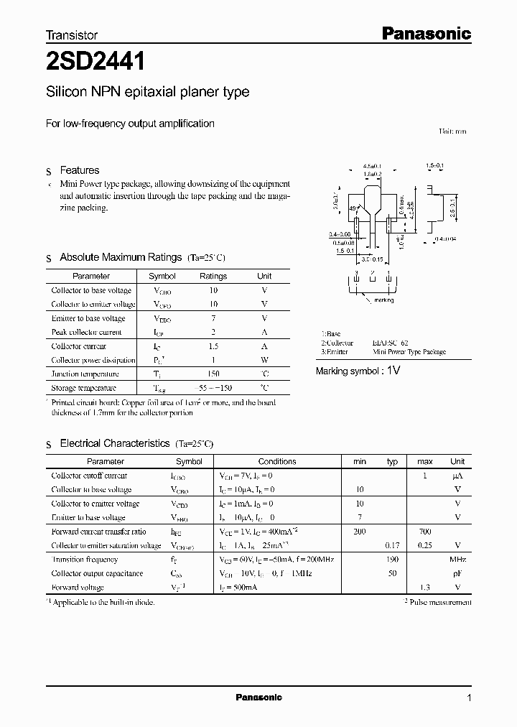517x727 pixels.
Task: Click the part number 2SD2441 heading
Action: [96, 62]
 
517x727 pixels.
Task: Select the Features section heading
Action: [79, 170]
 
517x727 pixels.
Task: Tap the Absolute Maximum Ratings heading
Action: [121, 257]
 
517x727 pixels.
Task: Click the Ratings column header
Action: [213, 276]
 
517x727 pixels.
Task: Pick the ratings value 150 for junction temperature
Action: [213, 374]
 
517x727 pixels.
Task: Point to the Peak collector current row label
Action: [86, 332]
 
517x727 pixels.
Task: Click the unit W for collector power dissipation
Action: [264, 360]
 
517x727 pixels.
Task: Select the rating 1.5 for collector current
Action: [213, 346]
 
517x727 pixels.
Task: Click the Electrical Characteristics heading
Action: [115, 444]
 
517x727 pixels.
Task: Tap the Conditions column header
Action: [276, 461]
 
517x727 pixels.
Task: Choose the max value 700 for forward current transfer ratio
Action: [425, 532]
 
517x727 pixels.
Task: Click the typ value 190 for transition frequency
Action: [392, 559]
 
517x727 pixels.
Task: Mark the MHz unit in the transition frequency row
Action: [457, 559]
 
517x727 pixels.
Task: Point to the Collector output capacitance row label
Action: [97, 573]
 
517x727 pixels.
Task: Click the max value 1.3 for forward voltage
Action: [425, 587]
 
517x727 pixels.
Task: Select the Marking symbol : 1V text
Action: [358, 371]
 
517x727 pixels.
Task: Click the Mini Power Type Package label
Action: [409, 352]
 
